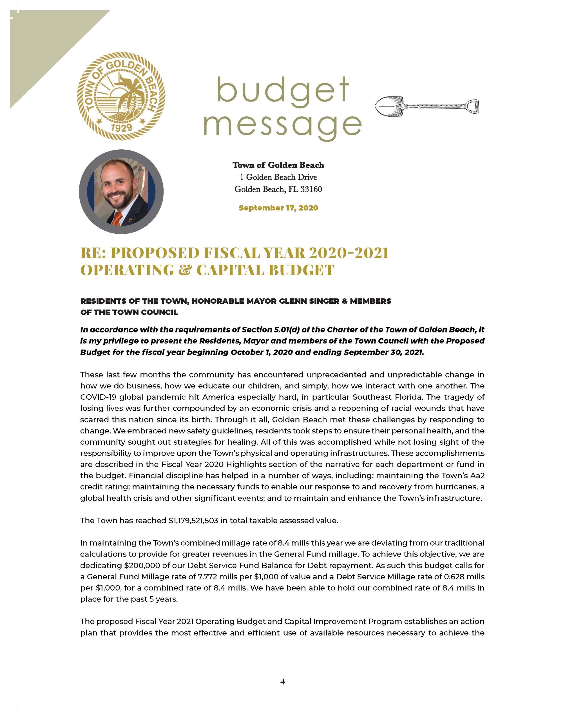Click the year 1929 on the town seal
point(121,127)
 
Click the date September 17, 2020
point(278,208)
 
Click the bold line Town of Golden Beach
point(278,165)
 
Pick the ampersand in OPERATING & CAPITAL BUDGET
point(185,270)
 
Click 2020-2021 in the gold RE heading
point(348,253)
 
